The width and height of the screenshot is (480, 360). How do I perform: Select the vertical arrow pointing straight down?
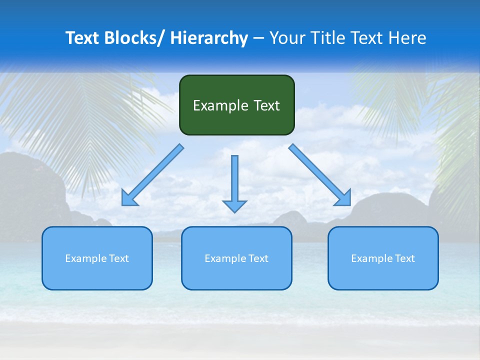(x=234, y=180)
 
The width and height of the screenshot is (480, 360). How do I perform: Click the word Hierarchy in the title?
(x=208, y=38)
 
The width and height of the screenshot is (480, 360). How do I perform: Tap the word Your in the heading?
(x=286, y=38)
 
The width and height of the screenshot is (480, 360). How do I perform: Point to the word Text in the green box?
(x=266, y=105)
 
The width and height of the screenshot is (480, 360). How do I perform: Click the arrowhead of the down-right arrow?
(x=343, y=197)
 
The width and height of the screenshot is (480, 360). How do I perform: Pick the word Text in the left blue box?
(x=118, y=258)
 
